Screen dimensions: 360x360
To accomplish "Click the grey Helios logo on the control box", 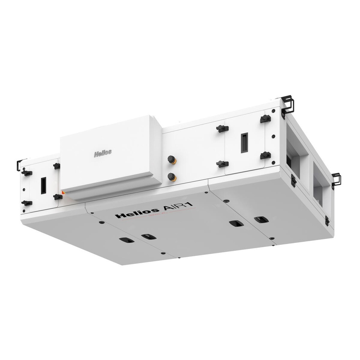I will tap(103, 153).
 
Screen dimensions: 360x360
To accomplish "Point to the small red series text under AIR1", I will tap(162, 215).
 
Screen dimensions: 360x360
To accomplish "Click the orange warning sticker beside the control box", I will tap(64, 193).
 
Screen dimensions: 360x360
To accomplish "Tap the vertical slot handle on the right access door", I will tap(244, 143).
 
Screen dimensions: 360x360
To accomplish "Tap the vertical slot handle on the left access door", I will tap(43, 185).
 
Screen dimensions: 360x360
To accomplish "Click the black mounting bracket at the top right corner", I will tap(287, 104).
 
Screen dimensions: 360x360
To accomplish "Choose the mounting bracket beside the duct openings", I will tap(336, 180).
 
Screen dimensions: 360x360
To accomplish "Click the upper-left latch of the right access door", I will tap(222, 129).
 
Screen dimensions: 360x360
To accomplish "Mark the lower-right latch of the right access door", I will tap(265, 155).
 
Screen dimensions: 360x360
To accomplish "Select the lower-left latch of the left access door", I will tap(26, 203).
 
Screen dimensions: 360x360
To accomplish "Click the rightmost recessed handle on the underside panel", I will tap(261, 219).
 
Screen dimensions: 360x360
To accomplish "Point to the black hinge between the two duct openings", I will tap(293, 181).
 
